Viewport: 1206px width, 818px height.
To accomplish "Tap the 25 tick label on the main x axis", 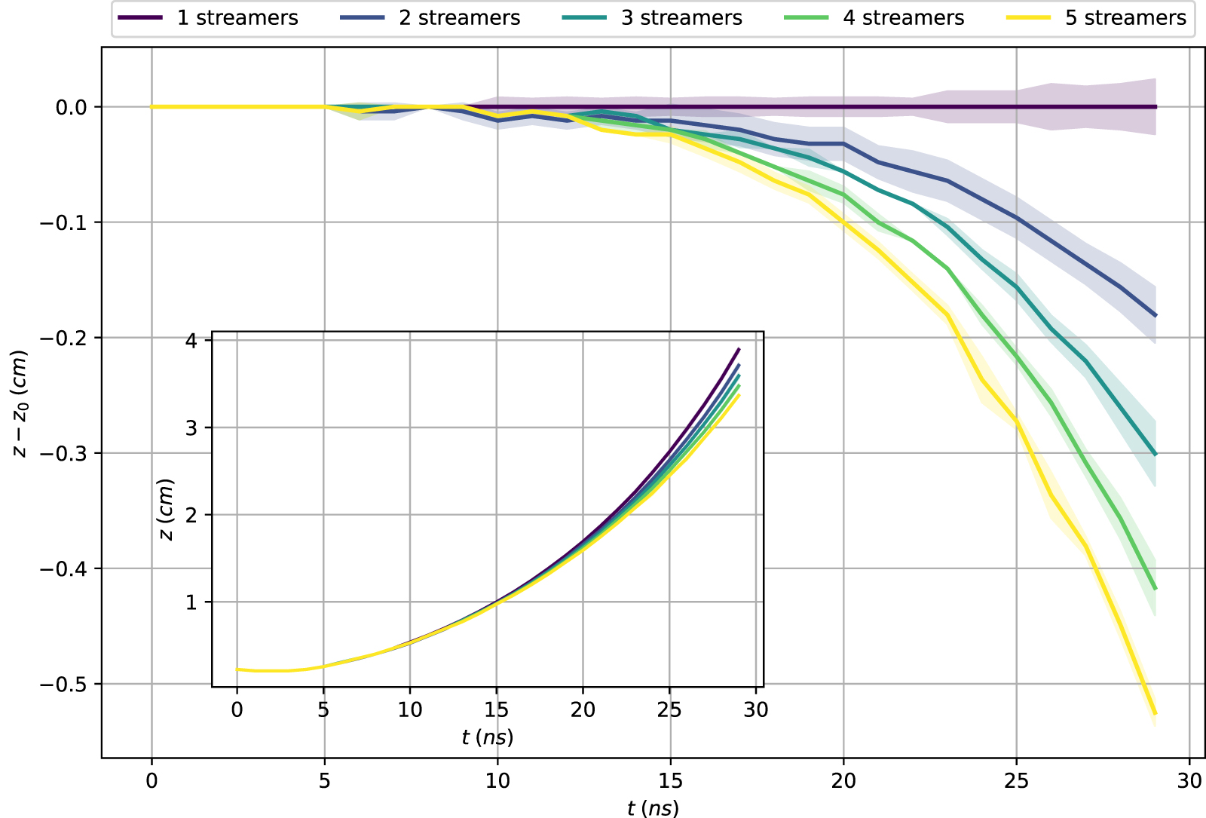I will [x=1016, y=781].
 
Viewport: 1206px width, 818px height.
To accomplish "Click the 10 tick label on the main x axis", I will [x=497, y=781].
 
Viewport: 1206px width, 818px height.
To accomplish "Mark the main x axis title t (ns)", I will [x=653, y=808].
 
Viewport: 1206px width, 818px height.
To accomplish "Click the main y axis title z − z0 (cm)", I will [x=20, y=403].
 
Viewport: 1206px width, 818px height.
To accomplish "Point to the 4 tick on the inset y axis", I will [x=191, y=341].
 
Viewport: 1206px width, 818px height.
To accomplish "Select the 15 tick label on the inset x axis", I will [x=496, y=710].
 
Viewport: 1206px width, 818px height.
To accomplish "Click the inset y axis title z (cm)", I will [x=167, y=510].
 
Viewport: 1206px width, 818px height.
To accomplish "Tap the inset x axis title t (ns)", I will [x=488, y=737].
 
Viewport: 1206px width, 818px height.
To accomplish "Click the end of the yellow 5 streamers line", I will [x=1155, y=713].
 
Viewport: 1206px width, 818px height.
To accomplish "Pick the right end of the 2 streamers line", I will [x=1155, y=315].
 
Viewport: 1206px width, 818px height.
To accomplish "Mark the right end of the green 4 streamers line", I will [x=1155, y=588].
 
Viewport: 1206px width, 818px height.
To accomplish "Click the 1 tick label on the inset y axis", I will [x=191, y=602].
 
